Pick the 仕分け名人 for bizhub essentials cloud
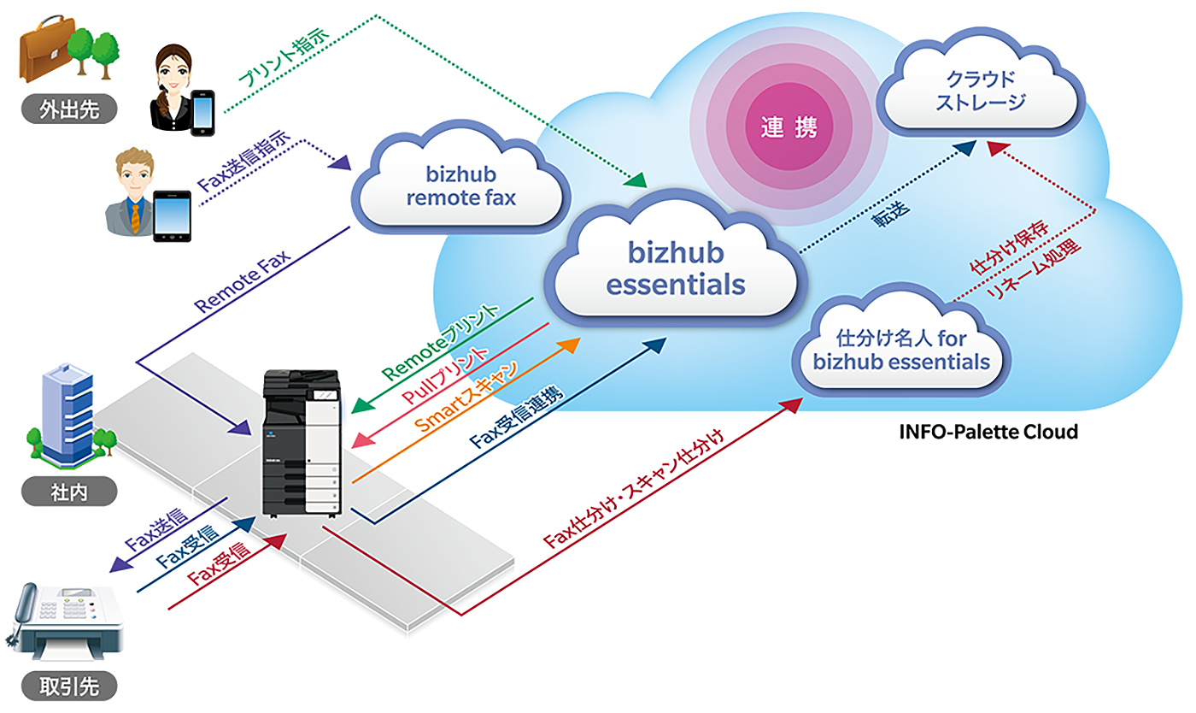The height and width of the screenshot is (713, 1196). coord(901,351)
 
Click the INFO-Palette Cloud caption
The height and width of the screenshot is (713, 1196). coord(988,432)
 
